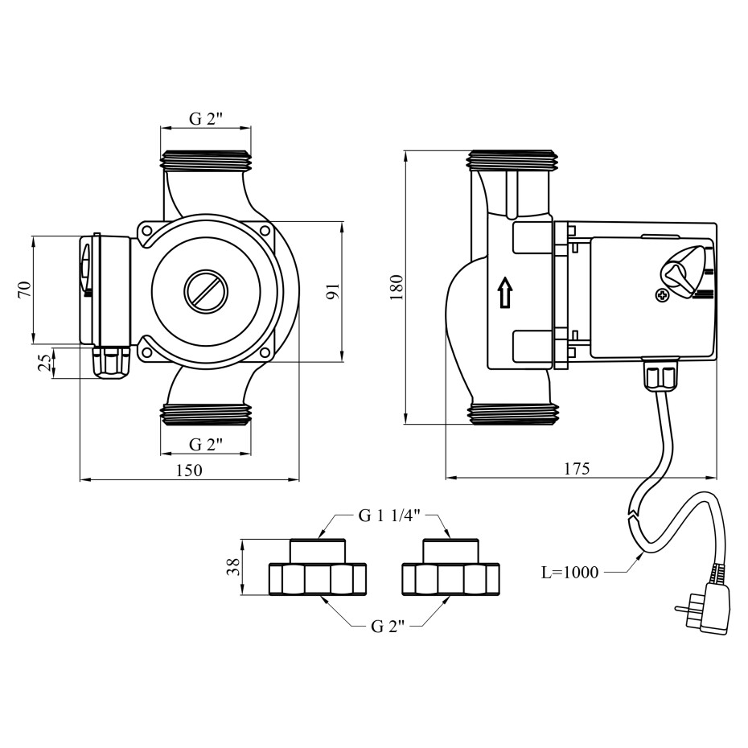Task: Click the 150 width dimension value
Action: pyautogui.click(x=189, y=470)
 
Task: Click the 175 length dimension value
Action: pyautogui.click(x=577, y=468)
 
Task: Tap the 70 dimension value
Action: pyautogui.click(x=24, y=289)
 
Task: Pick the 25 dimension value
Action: pyautogui.click(x=46, y=364)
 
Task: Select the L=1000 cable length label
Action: pyautogui.click(x=569, y=573)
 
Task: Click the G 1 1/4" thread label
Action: pyautogui.click(x=388, y=516)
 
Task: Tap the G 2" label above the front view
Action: pyautogui.click(x=206, y=119)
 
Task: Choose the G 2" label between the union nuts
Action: pyautogui.click(x=387, y=627)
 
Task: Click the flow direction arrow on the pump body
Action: pyautogui.click(x=504, y=293)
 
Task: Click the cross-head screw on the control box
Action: pyautogui.click(x=663, y=295)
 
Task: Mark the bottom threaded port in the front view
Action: pyautogui.click(x=206, y=414)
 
